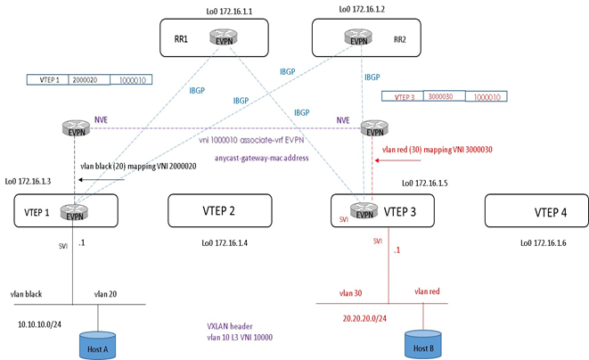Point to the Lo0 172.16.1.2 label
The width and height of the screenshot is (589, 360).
(x=367, y=9)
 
